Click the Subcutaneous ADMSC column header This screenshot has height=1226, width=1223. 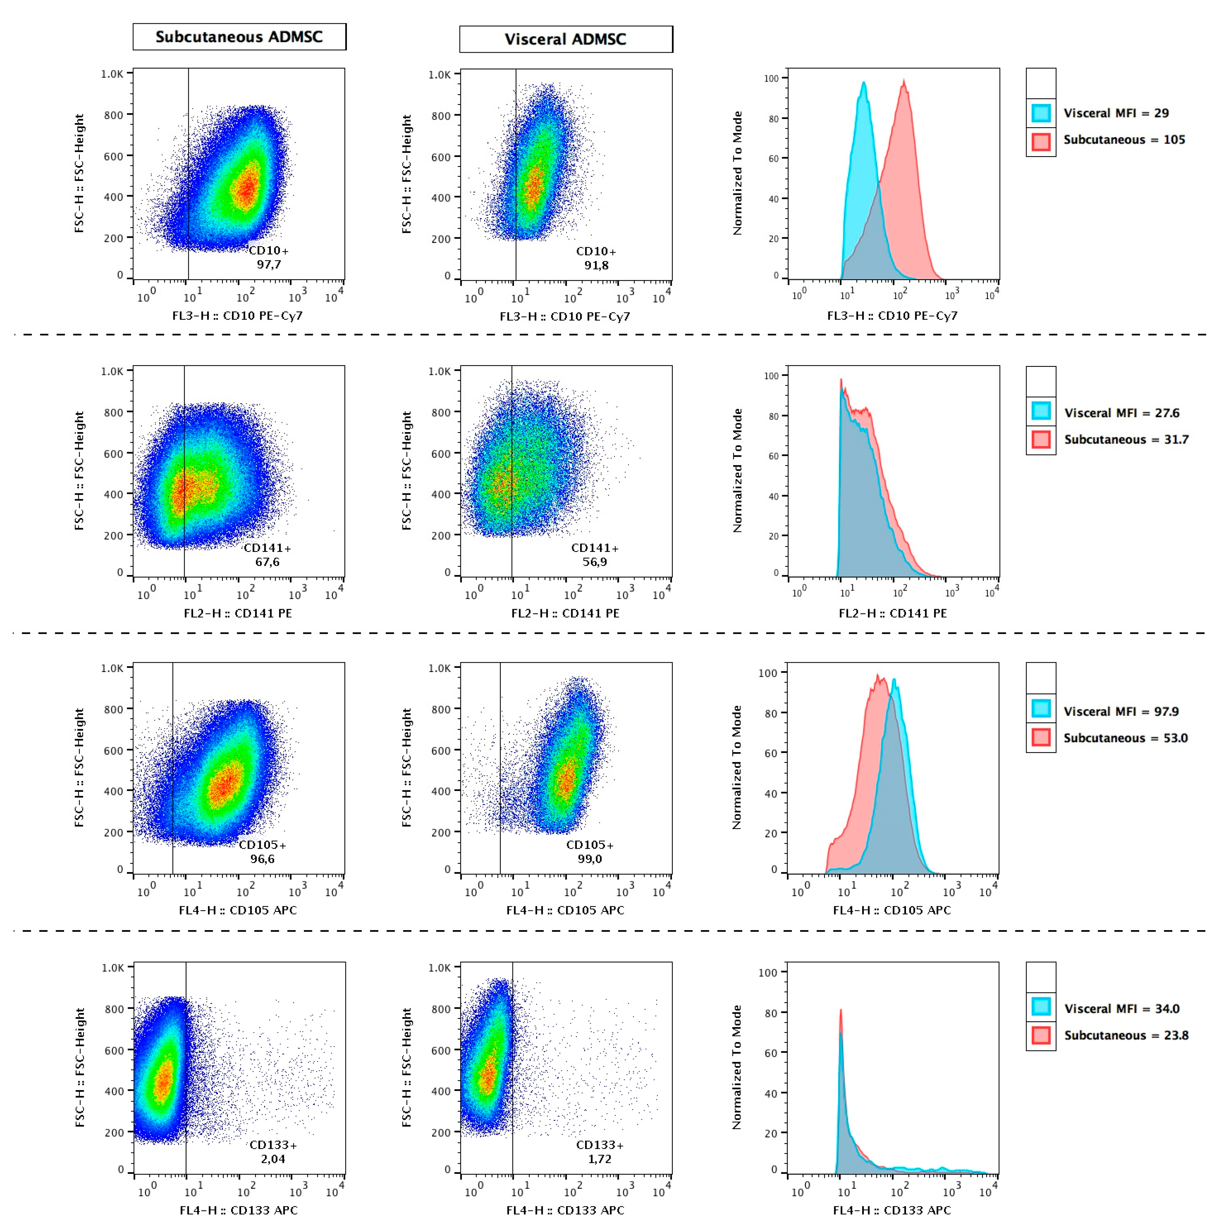point(239,37)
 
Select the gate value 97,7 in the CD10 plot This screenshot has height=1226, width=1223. point(269,265)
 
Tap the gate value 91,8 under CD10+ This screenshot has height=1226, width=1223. point(596,265)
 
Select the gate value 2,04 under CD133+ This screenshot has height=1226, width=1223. point(273,1159)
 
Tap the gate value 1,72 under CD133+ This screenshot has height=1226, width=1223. point(599,1159)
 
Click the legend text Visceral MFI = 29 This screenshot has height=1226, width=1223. point(1116,113)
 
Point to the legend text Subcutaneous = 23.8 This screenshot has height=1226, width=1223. point(1126,1035)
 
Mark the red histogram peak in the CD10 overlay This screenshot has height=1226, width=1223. point(904,80)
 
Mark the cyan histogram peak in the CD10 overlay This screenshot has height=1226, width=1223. point(863,83)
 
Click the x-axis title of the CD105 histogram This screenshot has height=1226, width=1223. point(892,910)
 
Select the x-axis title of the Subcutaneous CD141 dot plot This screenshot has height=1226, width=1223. point(238,613)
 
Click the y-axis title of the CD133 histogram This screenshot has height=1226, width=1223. point(736,1067)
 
